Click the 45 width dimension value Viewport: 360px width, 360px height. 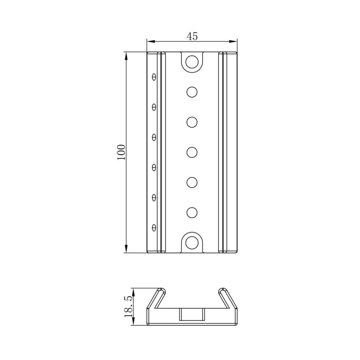tap(192, 36)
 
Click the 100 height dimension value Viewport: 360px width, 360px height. tap(121, 153)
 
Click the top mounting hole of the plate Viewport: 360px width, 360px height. tap(192, 62)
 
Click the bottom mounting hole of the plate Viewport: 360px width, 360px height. tap(192, 242)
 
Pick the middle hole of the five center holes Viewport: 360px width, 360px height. tap(192, 152)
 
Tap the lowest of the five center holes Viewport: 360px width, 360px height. tap(192, 212)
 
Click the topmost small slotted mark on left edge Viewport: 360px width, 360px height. tap(154, 77)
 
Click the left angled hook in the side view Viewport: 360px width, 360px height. tap(155, 299)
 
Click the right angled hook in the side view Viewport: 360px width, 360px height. tap(229, 299)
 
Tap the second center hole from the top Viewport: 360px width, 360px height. tap(192, 122)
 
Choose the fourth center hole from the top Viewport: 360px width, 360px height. tap(192, 182)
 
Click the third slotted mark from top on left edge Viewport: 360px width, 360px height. tap(154, 137)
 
